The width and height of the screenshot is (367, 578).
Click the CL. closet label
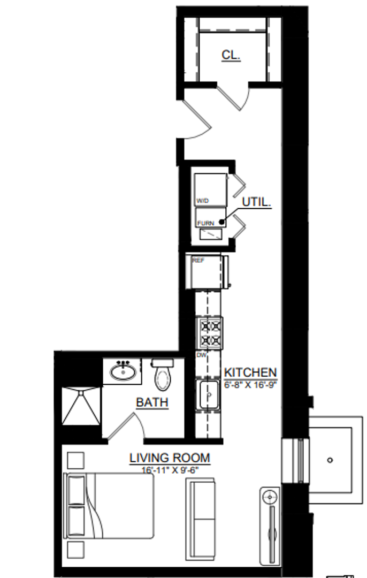tap(231, 55)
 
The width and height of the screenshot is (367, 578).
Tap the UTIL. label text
tap(256, 202)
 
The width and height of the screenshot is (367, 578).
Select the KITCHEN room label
tap(250, 372)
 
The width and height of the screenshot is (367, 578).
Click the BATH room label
tap(152, 402)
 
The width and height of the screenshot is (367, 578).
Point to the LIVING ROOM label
tap(170, 458)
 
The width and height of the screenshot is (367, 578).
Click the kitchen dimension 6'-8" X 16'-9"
tap(250, 384)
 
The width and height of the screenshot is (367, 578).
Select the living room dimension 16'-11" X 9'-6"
tap(170, 470)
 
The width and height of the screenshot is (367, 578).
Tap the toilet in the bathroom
tap(163, 374)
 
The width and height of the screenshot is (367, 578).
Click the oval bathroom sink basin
tap(123, 372)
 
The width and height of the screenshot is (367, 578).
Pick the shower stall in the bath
tap(81, 406)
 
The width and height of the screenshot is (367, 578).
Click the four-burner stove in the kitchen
tap(209, 333)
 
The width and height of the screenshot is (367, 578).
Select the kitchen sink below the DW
tap(209, 395)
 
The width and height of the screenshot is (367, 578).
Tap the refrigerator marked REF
tap(207, 272)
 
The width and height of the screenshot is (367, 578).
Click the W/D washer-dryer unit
tap(211, 190)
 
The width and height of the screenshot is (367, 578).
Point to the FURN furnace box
tap(211, 217)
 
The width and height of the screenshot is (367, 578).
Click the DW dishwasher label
tap(202, 355)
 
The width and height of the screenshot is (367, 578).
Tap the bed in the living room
tap(110, 506)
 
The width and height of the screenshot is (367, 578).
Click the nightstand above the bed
tap(75, 460)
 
